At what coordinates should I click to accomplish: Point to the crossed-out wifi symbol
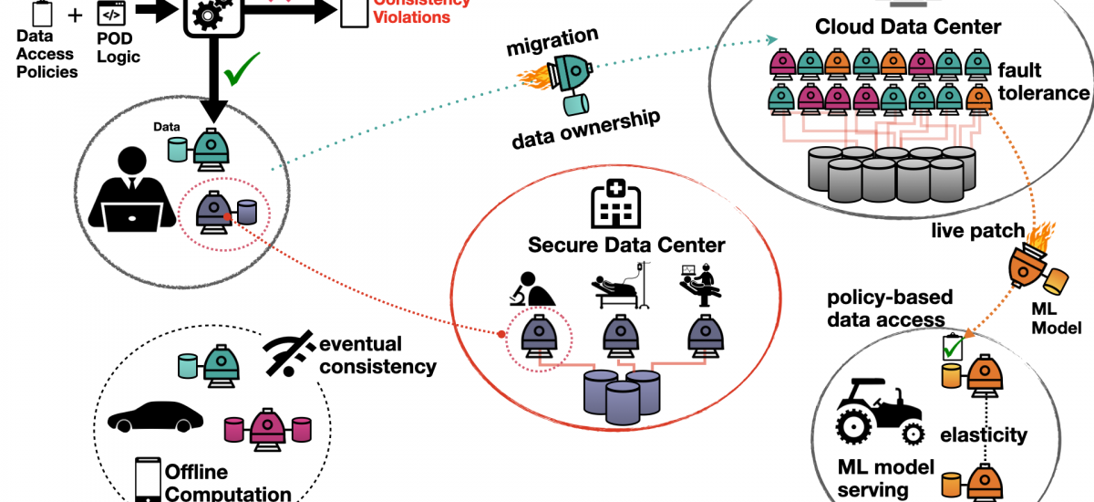tap(291, 353)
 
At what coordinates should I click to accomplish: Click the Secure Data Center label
tap(626, 245)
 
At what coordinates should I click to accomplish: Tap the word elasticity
tap(984, 435)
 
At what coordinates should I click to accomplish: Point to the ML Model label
tap(1061, 319)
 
